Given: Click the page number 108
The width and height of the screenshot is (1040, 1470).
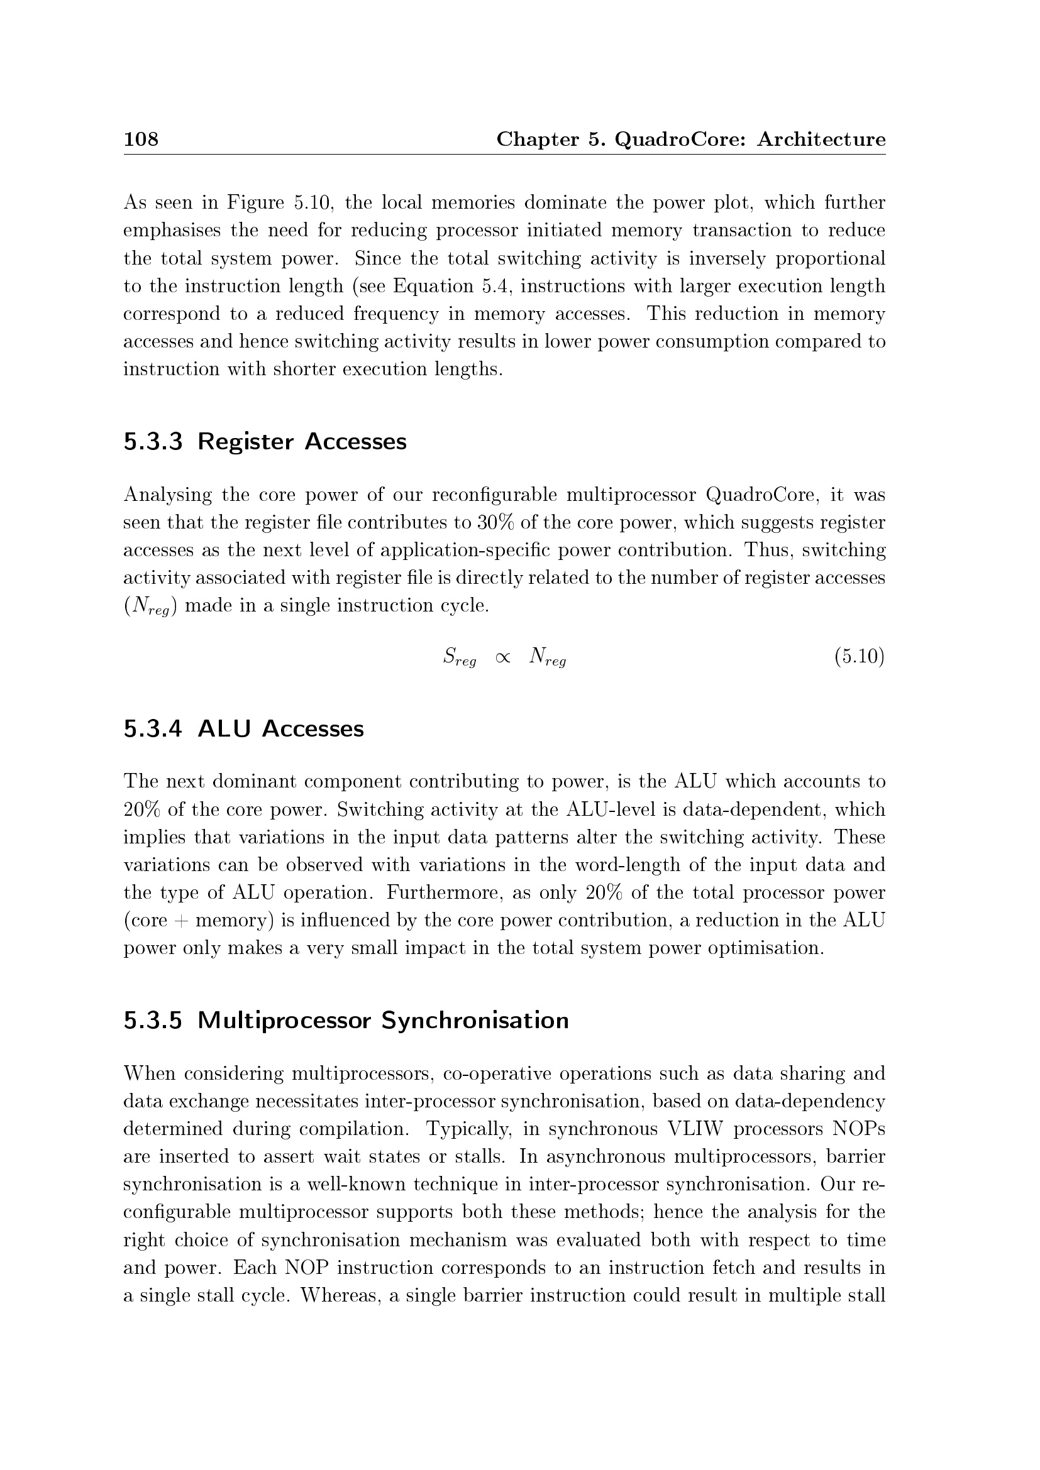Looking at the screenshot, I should (141, 139).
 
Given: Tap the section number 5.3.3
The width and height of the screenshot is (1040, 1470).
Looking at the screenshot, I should (153, 442).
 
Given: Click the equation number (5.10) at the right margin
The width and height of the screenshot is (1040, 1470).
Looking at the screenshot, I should (859, 657).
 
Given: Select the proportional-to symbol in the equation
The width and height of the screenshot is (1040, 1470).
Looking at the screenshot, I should (503, 658).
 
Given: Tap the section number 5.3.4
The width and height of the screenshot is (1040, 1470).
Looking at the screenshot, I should (153, 728).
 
